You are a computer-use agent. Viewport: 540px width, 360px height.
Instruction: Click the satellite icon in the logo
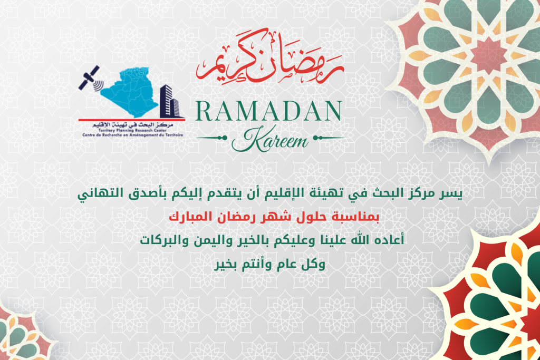tap(89, 78)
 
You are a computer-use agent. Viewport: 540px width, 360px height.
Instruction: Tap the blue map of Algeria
tap(132, 91)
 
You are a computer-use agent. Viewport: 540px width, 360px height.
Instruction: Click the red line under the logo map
tap(131, 120)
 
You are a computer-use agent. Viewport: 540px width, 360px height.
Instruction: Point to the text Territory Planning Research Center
tap(132, 131)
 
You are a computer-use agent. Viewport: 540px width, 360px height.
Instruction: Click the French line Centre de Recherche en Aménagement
tap(132, 135)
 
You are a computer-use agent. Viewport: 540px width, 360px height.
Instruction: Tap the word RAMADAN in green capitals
tap(268, 111)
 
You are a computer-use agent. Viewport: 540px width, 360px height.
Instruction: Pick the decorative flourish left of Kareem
tap(212, 138)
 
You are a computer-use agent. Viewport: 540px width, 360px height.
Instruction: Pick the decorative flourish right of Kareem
tap(329, 138)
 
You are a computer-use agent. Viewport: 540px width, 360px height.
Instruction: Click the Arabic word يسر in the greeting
tap(451, 193)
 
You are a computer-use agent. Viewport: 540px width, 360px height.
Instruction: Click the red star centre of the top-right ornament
tap(488, 55)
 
